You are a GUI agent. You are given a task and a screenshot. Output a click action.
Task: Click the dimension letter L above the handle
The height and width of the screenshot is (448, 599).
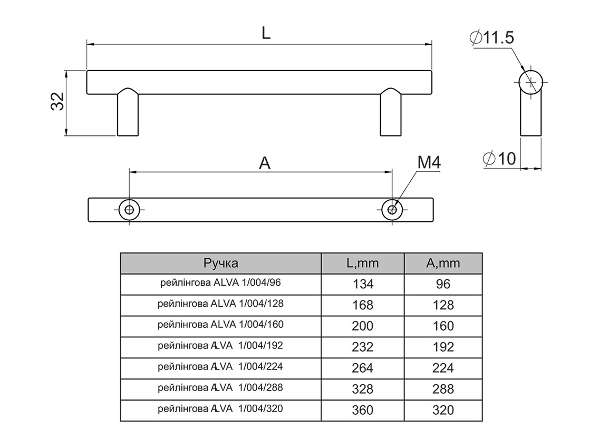(266, 33)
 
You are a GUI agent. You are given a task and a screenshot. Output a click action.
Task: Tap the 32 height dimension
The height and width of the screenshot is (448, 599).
(57, 101)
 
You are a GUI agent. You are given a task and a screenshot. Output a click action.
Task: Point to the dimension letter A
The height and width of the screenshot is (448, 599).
(265, 163)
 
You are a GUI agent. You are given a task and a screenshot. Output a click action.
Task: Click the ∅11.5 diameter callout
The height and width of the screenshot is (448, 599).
(491, 37)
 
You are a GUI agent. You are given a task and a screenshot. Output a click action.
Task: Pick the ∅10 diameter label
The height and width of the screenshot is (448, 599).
(499, 159)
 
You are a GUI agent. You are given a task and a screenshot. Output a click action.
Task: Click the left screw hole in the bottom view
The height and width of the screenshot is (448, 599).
(129, 209)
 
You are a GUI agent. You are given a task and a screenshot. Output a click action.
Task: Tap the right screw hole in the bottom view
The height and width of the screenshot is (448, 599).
(392, 209)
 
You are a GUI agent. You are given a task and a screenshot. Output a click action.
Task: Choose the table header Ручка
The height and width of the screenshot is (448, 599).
(220, 263)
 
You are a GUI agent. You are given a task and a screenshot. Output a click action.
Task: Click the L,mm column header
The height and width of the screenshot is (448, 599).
(362, 263)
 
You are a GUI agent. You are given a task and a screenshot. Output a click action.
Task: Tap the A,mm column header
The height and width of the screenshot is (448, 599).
(443, 263)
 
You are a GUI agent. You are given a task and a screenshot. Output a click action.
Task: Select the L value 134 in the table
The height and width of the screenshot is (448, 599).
(362, 284)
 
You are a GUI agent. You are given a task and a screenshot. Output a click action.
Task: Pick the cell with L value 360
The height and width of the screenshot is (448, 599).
(362, 410)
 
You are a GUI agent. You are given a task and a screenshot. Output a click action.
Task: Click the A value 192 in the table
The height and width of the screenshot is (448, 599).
(443, 347)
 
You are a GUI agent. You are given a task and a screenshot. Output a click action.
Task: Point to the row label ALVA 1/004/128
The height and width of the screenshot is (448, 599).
(220, 304)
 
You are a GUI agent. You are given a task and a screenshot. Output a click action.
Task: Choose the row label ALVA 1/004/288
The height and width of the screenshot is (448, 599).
(220, 388)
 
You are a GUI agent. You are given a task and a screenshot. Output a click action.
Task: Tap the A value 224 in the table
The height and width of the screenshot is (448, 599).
(443, 368)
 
